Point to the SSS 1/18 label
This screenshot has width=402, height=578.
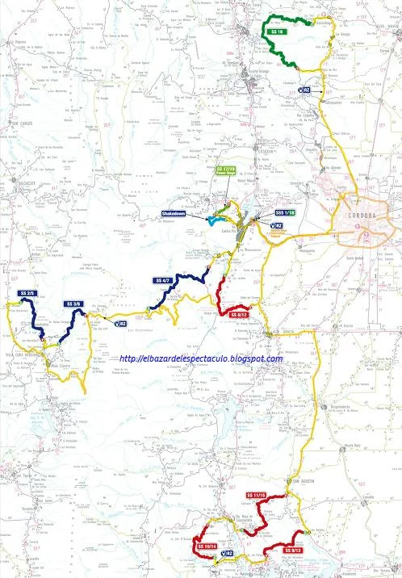[x=285, y=212]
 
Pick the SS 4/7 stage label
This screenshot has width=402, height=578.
[x=161, y=281]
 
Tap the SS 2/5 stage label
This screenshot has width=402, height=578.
[x=27, y=293]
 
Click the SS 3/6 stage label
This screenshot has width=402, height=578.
[x=74, y=304]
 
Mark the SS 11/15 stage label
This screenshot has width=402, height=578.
[x=257, y=495]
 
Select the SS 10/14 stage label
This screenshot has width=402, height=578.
[x=206, y=547]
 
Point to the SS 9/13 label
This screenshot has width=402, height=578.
[x=292, y=551]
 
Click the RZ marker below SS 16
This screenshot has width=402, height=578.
[x=306, y=90]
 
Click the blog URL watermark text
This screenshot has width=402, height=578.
[x=202, y=358]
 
